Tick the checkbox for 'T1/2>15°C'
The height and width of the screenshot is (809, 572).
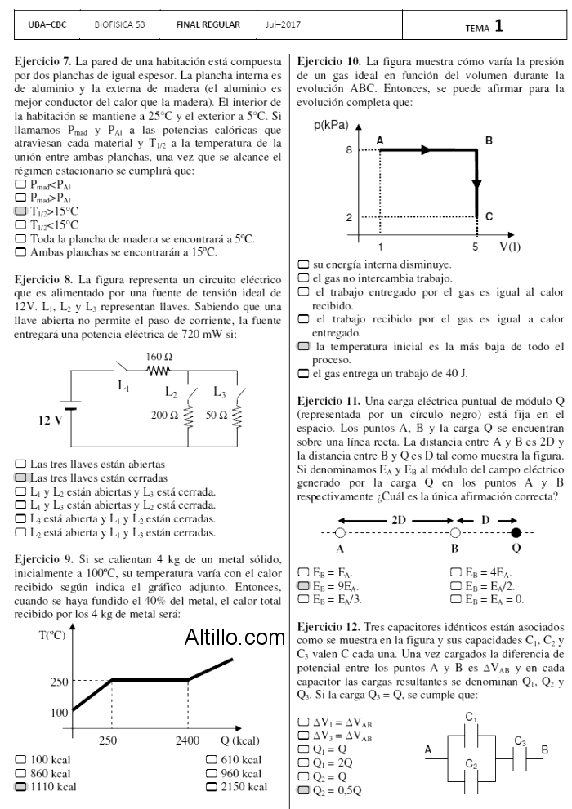(21, 211)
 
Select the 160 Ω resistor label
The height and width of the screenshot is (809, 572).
(159, 358)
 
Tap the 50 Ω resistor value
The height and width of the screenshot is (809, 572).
(217, 416)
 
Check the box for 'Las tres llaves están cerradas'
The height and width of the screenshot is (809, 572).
(21, 478)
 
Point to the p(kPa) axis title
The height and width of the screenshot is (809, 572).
(330, 126)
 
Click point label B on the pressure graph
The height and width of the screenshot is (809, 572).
(489, 140)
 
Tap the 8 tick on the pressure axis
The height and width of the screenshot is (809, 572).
(348, 150)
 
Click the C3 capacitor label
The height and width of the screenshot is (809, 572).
(520, 741)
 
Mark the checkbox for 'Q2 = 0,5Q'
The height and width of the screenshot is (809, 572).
(304, 791)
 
